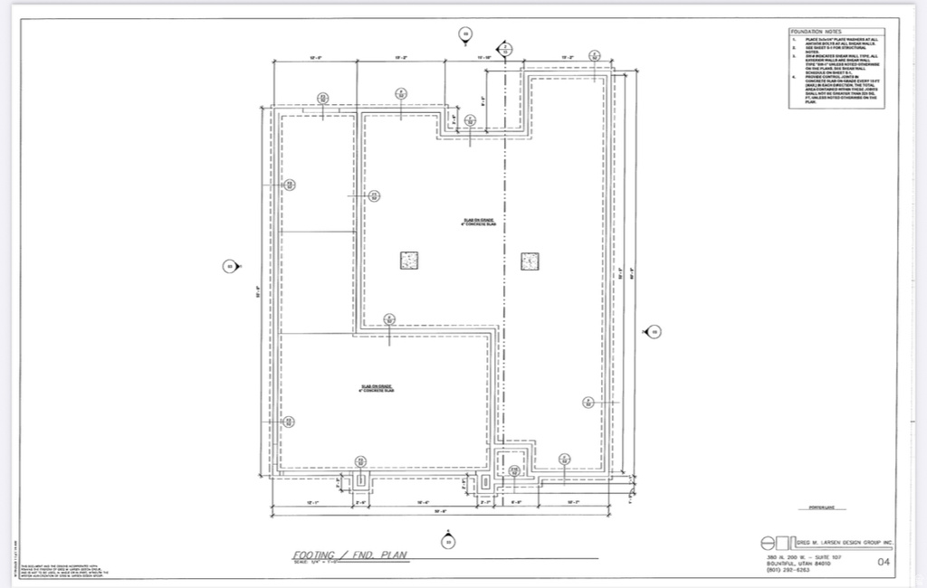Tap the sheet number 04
884,563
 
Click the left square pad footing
409,261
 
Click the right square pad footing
530,261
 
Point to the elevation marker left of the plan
230,266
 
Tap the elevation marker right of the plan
652,331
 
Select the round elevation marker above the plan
465,35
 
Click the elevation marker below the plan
447,542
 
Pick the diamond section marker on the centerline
505,47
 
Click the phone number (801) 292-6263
785,570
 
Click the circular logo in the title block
768,543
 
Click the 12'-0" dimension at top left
316,57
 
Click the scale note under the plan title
311,563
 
